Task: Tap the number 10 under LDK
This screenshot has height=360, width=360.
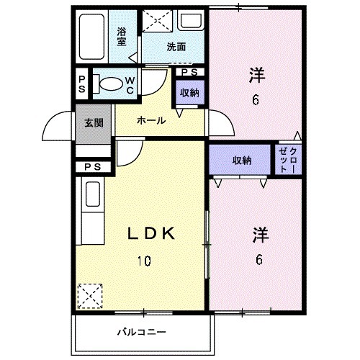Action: (x=144, y=260)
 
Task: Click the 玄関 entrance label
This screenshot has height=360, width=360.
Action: (x=93, y=122)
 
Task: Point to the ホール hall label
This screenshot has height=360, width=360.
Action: (x=151, y=121)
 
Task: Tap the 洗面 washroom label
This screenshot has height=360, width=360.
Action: (x=176, y=48)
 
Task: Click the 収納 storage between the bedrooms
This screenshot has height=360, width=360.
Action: (x=241, y=161)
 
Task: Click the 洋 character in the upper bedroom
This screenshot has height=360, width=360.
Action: (x=256, y=73)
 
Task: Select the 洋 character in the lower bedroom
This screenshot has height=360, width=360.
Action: (x=260, y=235)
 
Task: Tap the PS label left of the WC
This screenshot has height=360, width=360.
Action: (x=82, y=83)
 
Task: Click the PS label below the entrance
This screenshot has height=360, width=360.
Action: (x=91, y=168)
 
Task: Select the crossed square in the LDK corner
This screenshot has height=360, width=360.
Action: (x=89, y=295)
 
